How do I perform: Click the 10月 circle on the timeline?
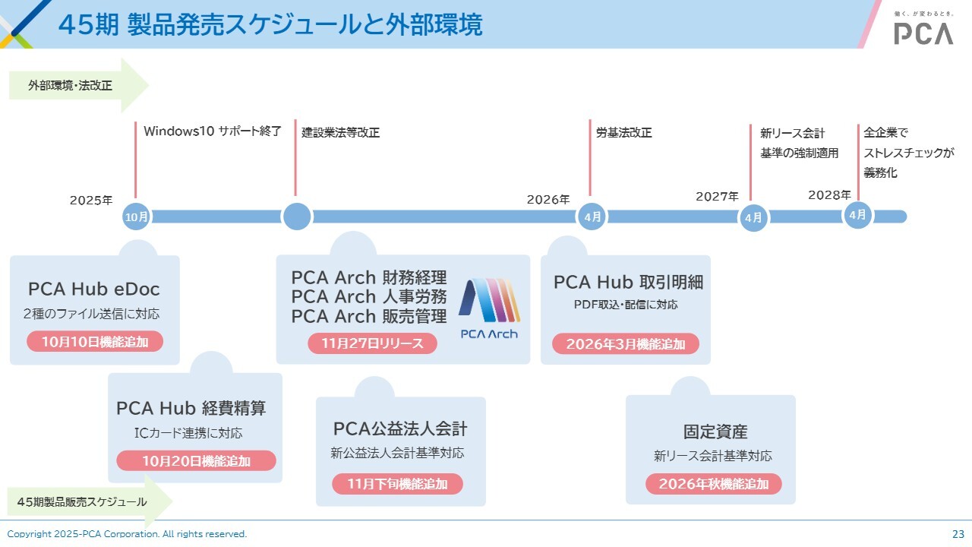[x=137, y=217]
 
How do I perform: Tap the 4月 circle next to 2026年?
[x=592, y=217]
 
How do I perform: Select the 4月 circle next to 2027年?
[x=753, y=218]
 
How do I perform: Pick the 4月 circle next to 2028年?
[x=857, y=215]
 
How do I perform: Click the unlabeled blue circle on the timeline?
[x=297, y=217]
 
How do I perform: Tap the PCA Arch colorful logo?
[x=489, y=308]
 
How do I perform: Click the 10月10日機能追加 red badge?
[x=94, y=342]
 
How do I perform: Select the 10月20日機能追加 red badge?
[x=196, y=461]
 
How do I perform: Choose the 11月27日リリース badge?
[x=372, y=343]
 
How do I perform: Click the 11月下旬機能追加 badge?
[x=397, y=484]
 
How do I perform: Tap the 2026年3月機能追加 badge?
[x=625, y=344]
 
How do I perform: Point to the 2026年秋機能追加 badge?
[x=713, y=484]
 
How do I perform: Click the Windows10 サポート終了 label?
[x=213, y=131]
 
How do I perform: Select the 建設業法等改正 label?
[x=340, y=132]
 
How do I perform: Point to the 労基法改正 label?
[x=623, y=132]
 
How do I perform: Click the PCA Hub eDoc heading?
[x=94, y=289]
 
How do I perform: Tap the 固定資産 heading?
[x=715, y=432]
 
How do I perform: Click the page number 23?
[x=958, y=534]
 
